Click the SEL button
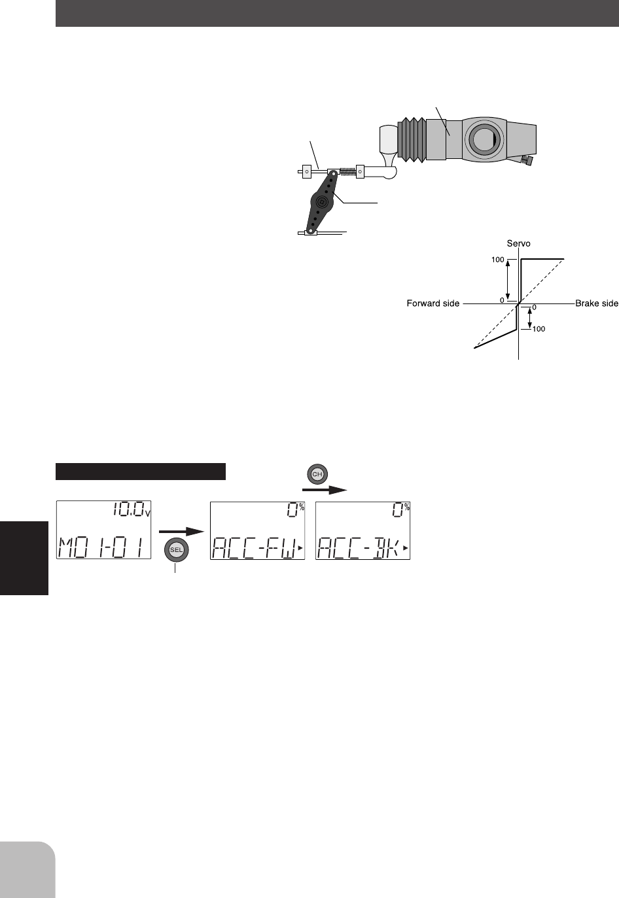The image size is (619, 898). (x=176, y=549)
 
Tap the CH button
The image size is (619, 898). (x=318, y=474)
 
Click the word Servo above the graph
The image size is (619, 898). (x=518, y=243)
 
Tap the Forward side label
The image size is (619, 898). (x=433, y=303)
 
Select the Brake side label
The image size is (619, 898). (x=596, y=303)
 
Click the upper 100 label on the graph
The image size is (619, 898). (x=497, y=260)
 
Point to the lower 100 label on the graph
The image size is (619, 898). (x=539, y=329)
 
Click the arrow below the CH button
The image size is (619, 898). (x=325, y=489)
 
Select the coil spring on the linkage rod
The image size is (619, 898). (x=347, y=173)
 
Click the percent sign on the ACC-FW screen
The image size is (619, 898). (x=300, y=507)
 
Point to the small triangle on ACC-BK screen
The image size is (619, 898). (x=406, y=549)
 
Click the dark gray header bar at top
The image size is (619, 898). (x=337, y=13)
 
